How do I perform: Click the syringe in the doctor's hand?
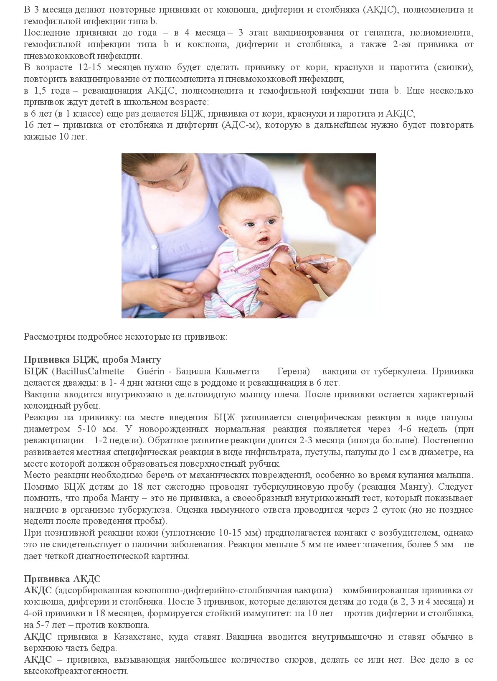point(317,263)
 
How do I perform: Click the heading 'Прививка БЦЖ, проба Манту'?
point(92,360)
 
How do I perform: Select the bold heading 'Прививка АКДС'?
point(62,579)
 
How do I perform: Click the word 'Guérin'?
point(150,371)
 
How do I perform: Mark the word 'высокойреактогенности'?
point(76,671)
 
